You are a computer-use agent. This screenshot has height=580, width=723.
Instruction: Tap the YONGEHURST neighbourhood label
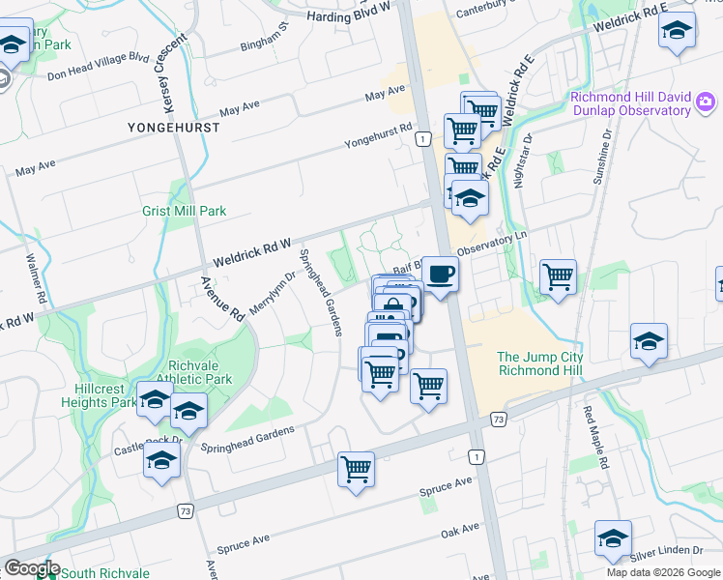tap(167, 128)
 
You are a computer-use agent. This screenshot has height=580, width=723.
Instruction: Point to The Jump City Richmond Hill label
tap(541, 363)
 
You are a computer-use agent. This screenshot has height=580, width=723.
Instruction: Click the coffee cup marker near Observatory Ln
tap(440, 275)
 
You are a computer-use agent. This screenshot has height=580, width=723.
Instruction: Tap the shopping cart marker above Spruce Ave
tap(357, 470)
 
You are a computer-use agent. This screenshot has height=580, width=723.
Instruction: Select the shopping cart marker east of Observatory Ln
tap(558, 277)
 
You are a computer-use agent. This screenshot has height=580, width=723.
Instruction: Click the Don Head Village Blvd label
tap(98, 66)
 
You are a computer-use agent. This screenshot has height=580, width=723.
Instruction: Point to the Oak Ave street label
tap(460, 531)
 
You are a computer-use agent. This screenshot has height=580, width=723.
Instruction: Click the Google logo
tap(31, 568)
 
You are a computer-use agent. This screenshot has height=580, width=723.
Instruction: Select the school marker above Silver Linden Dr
tap(613, 537)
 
